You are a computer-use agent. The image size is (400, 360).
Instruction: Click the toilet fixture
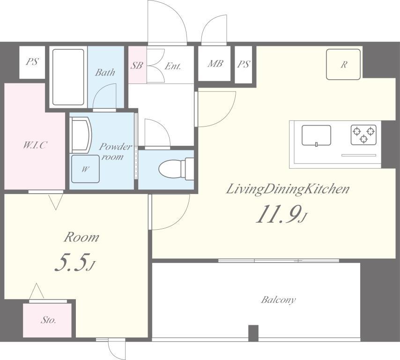click(x=176, y=169)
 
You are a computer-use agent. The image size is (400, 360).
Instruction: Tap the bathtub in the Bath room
click(x=68, y=77)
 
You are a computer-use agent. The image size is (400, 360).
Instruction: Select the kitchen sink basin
click(x=316, y=135)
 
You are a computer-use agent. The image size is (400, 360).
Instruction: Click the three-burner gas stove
click(x=363, y=135)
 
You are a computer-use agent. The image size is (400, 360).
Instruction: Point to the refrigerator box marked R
click(x=343, y=64)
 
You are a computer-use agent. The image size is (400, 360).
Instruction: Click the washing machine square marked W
click(x=85, y=169)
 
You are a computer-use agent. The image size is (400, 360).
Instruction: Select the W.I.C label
click(x=35, y=145)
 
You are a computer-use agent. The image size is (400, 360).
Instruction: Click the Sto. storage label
click(x=48, y=320)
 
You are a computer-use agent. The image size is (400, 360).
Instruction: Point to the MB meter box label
click(x=215, y=63)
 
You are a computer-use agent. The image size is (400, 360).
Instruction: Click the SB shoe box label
click(x=137, y=65)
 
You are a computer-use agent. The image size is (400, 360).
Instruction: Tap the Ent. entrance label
click(x=173, y=66)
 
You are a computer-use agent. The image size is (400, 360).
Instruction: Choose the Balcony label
click(x=278, y=299)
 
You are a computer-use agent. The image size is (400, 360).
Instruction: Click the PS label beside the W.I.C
click(x=32, y=61)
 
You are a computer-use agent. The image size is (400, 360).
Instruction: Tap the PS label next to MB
click(x=244, y=64)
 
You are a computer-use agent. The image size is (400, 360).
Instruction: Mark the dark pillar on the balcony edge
click(x=253, y=333)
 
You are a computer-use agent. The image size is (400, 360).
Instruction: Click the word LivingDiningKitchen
click(x=288, y=189)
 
